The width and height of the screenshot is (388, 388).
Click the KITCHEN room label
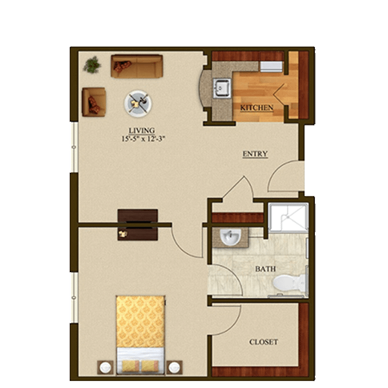(x=257, y=107)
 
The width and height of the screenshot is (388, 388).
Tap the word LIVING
(x=142, y=131)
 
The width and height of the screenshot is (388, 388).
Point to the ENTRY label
(x=255, y=154)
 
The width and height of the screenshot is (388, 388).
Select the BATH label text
(x=266, y=269)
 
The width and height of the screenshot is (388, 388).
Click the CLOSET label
(x=264, y=341)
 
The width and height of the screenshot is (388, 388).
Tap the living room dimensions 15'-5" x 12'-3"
(x=143, y=139)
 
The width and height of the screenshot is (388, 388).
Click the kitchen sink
(x=222, y=89)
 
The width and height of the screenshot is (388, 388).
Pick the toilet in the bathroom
(x=290, y=283)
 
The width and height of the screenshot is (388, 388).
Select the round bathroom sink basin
(x=230, y=237)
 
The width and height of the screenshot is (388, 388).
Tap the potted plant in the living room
(x=92, y=65)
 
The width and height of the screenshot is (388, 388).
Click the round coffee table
(x=138, y=103)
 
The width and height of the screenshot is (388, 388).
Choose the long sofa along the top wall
(x=137, y=67)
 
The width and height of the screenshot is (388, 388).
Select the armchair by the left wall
(x=94, y=102)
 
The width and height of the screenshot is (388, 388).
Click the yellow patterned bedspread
(x=140, y=321)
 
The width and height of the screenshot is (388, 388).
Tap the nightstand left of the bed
(x=105, y=367)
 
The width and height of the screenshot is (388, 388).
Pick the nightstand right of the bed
(x=175, y=367)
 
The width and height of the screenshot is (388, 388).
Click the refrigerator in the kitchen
(x=271, y=67)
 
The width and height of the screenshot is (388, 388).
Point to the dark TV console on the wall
(x=138, y=224)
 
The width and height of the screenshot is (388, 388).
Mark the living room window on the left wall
(x=74, y=147)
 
